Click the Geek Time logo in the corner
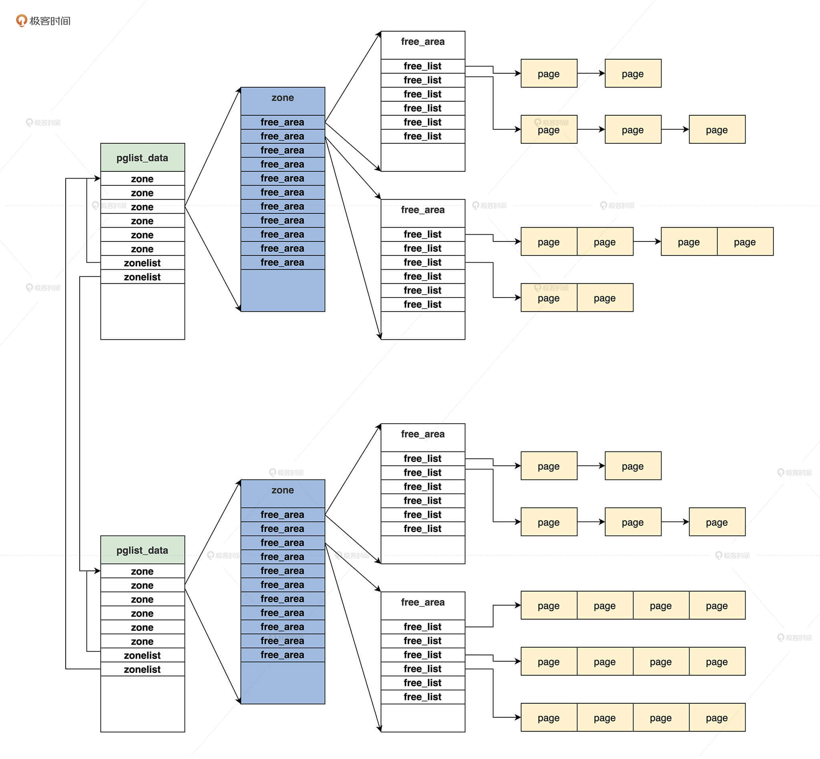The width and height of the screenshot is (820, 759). coord(43,20)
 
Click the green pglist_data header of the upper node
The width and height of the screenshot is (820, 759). coord(143,158)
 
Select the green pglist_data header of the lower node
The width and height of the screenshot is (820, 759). coord(143,550)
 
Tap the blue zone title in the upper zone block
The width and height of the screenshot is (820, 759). coord(283,98)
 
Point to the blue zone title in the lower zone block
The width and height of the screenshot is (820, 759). coord(283,490)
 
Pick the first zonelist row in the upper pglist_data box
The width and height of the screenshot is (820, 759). coord(143,263)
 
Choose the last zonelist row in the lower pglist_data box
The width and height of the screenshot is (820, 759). coord(143,669)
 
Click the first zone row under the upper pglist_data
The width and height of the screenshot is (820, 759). coord(143,179)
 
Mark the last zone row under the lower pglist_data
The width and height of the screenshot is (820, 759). coord(143,641)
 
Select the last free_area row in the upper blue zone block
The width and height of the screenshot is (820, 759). coord(283,262)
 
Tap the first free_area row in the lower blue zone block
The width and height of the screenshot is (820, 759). coord(283,515)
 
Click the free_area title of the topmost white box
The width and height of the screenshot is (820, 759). coord(422,42)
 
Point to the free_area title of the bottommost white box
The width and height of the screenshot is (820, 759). coord(422,602)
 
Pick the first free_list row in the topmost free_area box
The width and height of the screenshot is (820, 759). coord(422,66)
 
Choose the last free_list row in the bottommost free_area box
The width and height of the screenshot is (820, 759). coord(422,697)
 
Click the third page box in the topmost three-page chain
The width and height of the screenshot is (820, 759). coord(717,130)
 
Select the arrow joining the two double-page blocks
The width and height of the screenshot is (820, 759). coord(647,242)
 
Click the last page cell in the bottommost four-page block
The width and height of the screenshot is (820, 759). coord(717,718)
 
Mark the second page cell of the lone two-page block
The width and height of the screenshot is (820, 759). coord(605,298)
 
